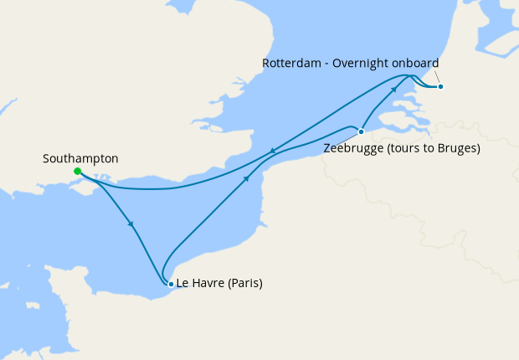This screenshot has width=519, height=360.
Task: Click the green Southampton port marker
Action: click(77, 172)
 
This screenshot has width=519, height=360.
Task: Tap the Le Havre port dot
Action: click(171, 284)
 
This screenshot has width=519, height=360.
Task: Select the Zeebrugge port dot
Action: click(361, 131)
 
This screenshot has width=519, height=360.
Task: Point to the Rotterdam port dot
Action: click(440, 86)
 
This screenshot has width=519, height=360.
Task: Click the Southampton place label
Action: click(80, 158)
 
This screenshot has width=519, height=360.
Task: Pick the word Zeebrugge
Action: click(351, 149)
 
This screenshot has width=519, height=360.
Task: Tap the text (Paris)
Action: click(244, 283)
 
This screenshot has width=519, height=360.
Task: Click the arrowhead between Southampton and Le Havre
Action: click(131, 224)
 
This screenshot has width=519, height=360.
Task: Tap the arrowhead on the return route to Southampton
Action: click(272, 152)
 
